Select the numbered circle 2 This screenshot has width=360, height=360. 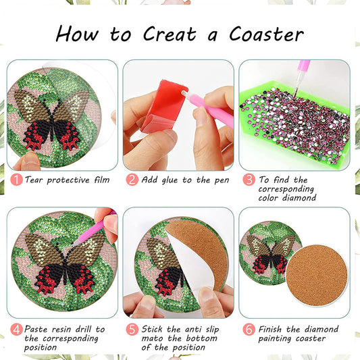132,180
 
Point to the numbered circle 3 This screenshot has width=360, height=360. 249,180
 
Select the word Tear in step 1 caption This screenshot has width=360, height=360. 36,180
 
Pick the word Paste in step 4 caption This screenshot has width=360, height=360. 38,329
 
